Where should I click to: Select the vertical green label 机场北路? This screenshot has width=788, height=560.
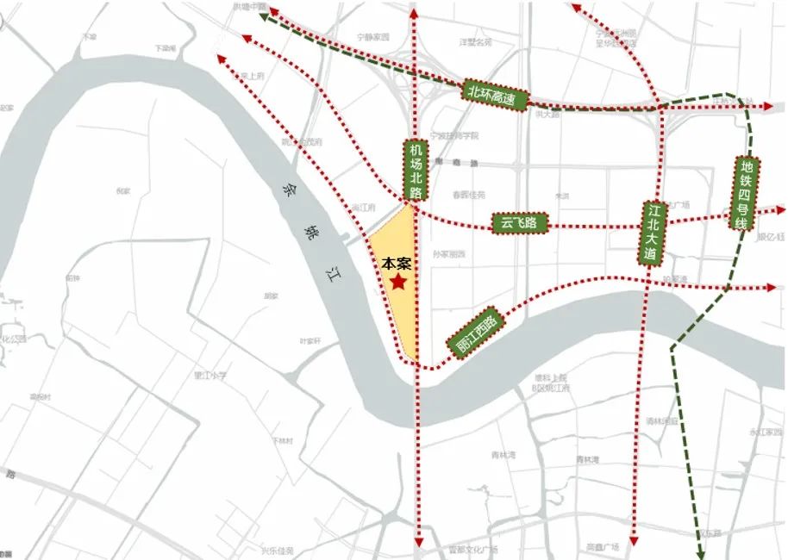(x=415, y=171)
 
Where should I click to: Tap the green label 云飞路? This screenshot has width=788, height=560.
(x=519, y=223)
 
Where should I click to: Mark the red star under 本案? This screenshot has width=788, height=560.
(x=398, y=282)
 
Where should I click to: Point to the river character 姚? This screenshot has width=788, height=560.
(x=310, y=231)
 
